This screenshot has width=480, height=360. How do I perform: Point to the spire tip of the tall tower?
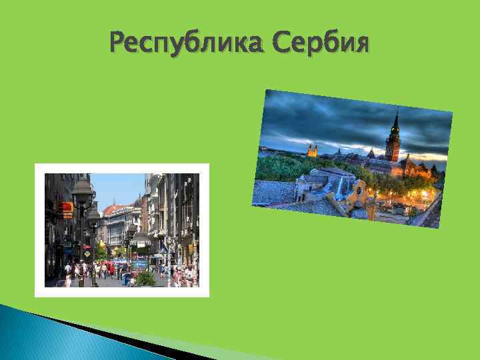pyautogui.click(x=397, y=110)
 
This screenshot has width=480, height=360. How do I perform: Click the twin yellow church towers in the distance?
pyautogui.click(x=311, y=150)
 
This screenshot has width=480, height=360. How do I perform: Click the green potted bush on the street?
pyautogui.click(x=145, y=277)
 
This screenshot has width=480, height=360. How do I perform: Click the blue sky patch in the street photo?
pyautogui.click(x=117, y=187)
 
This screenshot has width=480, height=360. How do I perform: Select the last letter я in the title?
pyautogui.click(x=360, y=44)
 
